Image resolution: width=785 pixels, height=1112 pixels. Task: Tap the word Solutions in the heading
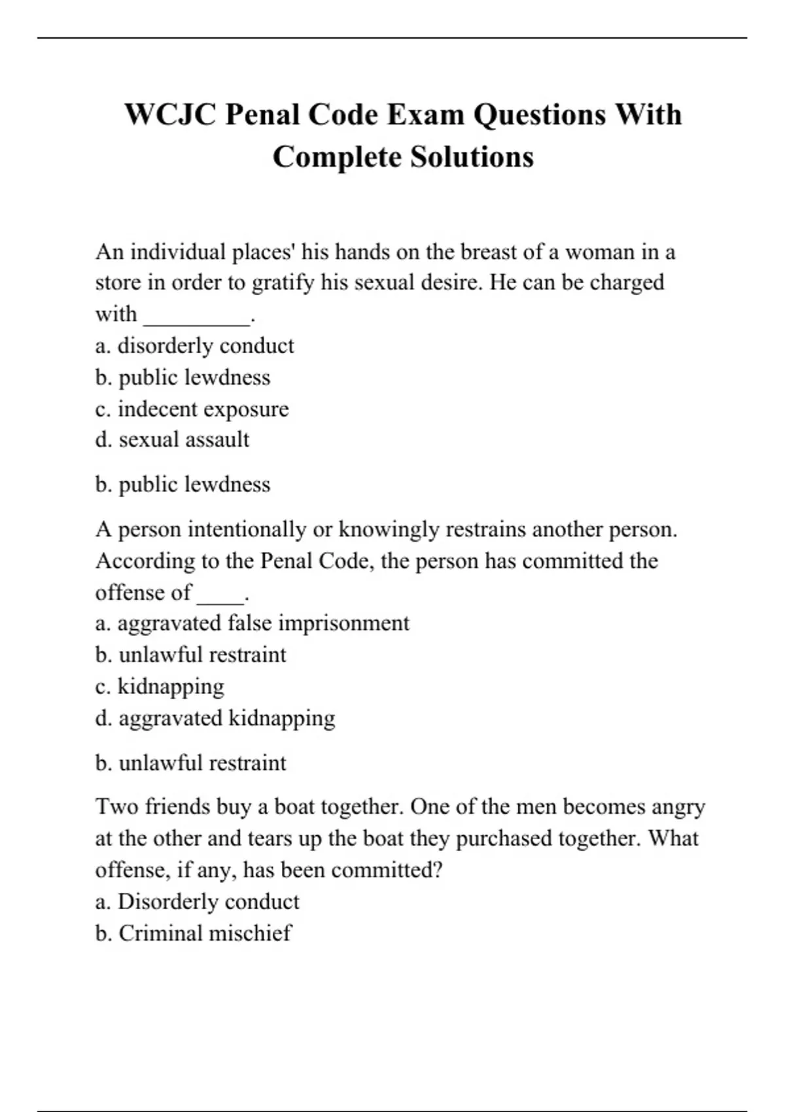[472, 157]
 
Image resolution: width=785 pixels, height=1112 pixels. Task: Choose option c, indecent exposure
[192, 409]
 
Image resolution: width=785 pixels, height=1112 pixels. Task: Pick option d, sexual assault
[172, 440]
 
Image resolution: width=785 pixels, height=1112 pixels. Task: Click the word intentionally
[247, 529]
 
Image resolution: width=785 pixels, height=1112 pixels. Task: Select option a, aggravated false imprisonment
[252, 623]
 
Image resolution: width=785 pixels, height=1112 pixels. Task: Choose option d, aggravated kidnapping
[215, 718]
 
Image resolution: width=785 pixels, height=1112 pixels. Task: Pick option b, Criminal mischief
[193, 933]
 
